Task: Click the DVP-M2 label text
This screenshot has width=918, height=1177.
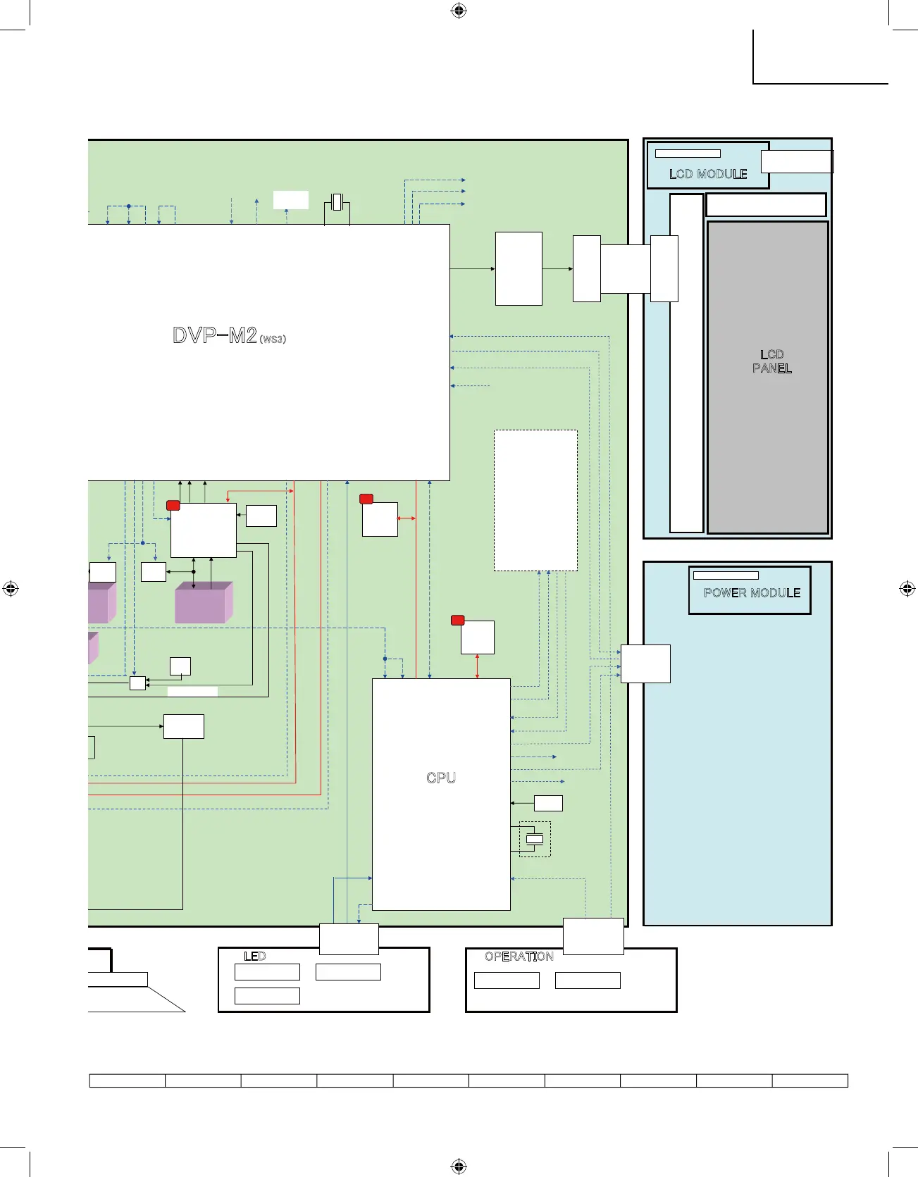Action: [x=215, y=335]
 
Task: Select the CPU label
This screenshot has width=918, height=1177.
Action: [x=441, y=778]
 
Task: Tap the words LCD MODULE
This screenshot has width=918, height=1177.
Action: [x=708, y=174]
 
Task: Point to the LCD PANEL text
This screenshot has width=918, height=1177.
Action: [x=772, y=361]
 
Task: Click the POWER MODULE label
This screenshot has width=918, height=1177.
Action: [x=752, y=593]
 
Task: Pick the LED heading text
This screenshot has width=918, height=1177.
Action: [x=255, y=957]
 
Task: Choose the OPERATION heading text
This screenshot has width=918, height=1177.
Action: [x=519, y=957]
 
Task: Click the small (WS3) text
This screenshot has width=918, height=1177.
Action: [x=273, y=340]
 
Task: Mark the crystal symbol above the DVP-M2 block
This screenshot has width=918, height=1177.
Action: [x=337, y=201]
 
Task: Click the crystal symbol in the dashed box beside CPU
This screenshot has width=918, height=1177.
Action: [x=535, y=839]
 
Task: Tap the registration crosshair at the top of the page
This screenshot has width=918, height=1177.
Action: [x=459, y=11]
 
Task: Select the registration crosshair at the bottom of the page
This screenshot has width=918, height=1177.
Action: [x=459, y=1166]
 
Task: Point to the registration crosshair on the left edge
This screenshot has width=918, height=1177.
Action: [x=11, y=589]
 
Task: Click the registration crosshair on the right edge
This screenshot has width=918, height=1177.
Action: [x=907, y=589]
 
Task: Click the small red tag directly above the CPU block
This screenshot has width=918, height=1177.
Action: [x=457, y=620]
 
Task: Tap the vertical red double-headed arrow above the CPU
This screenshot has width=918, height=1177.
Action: [x=478, y=666]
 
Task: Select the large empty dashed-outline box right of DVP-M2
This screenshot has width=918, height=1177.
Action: [x=535, y=500]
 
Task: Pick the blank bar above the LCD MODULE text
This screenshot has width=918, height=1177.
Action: [x=688, y=154]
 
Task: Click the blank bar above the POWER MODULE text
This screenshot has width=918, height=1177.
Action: [x=726, y=575]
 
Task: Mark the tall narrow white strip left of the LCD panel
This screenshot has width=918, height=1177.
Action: [x=686, y=363]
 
